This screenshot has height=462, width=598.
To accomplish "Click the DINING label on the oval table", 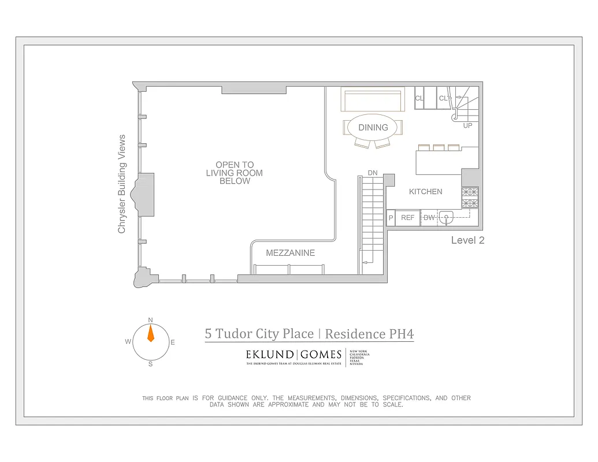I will (373, 127).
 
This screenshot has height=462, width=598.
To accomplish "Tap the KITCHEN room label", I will (426, 192).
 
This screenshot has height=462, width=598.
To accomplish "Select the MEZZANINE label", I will (290, 253).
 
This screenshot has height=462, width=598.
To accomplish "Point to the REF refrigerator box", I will (408, 218).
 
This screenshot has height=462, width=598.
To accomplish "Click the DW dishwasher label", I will (429, 218).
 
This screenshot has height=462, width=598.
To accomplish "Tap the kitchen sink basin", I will (446, 217).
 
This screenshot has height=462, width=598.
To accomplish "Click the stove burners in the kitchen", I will (470, 198).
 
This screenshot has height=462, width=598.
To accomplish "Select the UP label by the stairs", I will (467, 125).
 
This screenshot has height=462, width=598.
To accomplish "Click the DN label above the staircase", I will (373, 173).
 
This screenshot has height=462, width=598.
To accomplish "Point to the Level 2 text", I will (467, 240).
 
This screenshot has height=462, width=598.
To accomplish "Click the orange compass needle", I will (151, 333).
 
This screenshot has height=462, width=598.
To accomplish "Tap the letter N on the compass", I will (150, 320).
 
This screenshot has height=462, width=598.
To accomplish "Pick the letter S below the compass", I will (150, 364).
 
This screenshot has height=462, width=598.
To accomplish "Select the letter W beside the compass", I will (128, 342).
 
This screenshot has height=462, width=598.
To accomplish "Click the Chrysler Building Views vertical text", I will (122, 184).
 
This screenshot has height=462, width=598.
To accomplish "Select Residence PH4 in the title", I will (369, 334).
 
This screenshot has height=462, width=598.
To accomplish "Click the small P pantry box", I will (391, 218).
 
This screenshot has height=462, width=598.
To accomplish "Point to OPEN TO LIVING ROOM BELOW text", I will (235, 173).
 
